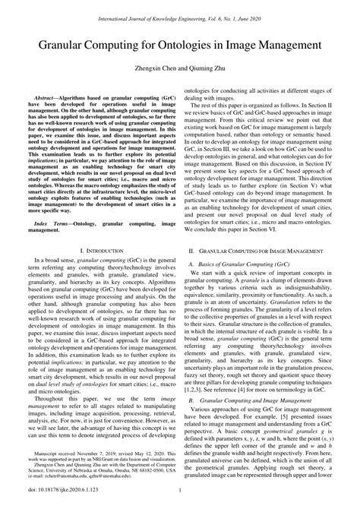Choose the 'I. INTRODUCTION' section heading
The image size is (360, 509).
click(x=101, y=271)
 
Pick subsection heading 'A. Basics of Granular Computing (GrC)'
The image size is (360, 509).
click(x=237, y=285)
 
